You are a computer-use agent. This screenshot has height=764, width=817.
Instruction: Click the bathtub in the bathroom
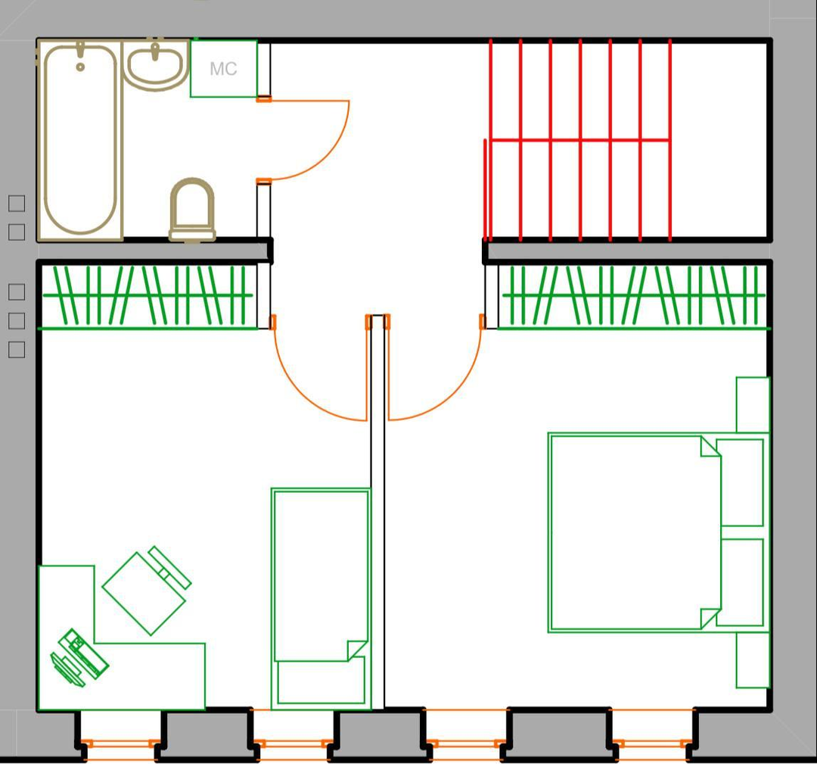tap(79, 141)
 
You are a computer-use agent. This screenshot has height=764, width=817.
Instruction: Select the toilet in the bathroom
tap(192, 210)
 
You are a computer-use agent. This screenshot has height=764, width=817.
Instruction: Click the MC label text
tap(223, 69)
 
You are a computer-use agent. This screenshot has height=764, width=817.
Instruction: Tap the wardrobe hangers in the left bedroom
tap(148, 296)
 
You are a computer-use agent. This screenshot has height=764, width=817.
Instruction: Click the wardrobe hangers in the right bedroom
tap(633, 296)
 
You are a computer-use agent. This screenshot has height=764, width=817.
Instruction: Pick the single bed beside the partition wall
tap(321, 598)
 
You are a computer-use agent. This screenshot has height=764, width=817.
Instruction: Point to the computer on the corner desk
tap(79, 657)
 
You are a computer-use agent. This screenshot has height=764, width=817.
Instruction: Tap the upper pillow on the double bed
tap(740, 482)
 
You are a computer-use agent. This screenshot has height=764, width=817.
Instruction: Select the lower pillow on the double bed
tap(740, 582)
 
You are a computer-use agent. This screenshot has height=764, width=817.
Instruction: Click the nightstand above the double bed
tap(753, 404)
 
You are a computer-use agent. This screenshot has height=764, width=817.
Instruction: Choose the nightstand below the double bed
tap(753, 660)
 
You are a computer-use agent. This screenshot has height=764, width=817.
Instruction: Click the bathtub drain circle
tap(80, 67)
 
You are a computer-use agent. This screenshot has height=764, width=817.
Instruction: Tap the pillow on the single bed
tap(321, 682)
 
